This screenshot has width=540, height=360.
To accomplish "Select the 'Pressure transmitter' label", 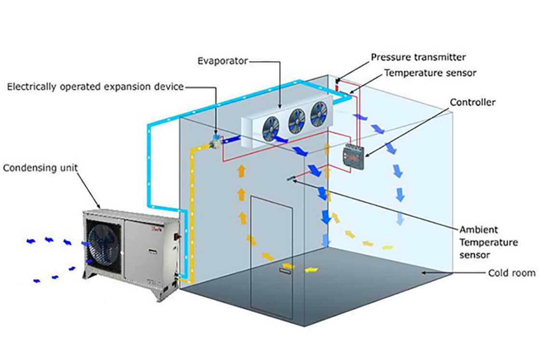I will (x=418, y=57).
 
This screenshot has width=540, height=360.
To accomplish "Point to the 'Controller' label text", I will (x=472, y=102).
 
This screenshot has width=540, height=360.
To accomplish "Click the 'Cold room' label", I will (x=512, y=273).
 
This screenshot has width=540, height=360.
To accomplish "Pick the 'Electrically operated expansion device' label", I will (x=95, y=87).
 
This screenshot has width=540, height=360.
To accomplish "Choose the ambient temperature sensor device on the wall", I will (x=292, y=179).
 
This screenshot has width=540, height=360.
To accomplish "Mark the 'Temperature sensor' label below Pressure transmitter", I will (x=430, y=73).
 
